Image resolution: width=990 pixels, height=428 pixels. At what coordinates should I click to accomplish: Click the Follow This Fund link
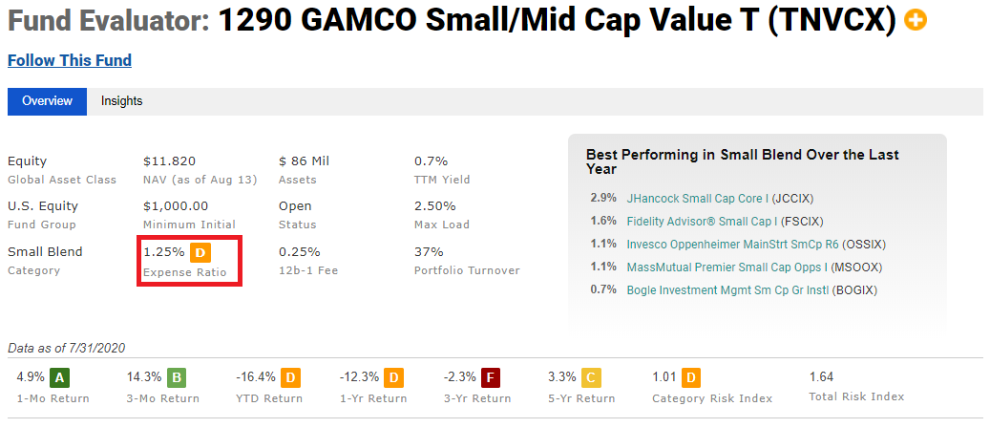pos(70,61)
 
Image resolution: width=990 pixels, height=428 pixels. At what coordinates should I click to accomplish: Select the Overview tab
pos(48,101)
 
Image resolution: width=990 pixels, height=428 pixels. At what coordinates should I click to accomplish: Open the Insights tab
pos(122,101)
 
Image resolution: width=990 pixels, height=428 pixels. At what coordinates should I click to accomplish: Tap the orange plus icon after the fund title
pos(916,21)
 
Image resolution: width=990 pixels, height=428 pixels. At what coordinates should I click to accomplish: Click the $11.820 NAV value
pos(165,161)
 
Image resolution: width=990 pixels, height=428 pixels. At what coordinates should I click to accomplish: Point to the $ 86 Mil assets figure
pos(304,161)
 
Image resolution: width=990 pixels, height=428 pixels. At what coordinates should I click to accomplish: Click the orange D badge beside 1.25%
pos(200,253)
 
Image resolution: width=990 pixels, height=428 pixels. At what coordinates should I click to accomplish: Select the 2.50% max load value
pos(435,206)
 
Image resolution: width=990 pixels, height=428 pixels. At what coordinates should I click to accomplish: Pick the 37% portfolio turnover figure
pos(429,251)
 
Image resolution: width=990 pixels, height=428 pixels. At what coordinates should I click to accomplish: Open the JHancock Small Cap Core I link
pos(697,199)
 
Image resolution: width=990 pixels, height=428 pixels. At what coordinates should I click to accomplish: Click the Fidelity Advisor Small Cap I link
pos(702,222)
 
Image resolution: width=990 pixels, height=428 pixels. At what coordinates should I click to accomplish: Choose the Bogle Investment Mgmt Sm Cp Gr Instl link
pos(728,290)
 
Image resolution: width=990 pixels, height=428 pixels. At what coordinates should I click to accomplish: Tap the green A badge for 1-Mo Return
pos(59,378)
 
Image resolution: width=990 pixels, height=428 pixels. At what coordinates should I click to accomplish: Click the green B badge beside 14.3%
pos(177,378)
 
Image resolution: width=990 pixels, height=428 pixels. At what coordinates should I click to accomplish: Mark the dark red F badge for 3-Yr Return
pos(490,378)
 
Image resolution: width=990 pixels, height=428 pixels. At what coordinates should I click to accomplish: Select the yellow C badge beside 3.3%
pos(591,378)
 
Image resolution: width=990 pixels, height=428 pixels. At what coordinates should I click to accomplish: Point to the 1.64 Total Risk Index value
pos(821,376)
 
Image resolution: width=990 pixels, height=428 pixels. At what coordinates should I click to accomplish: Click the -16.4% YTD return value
pos(256,377)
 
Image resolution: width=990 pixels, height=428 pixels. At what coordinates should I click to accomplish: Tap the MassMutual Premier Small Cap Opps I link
pos(727,267)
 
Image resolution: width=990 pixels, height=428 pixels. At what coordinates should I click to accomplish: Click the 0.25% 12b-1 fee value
pos(299,251)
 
